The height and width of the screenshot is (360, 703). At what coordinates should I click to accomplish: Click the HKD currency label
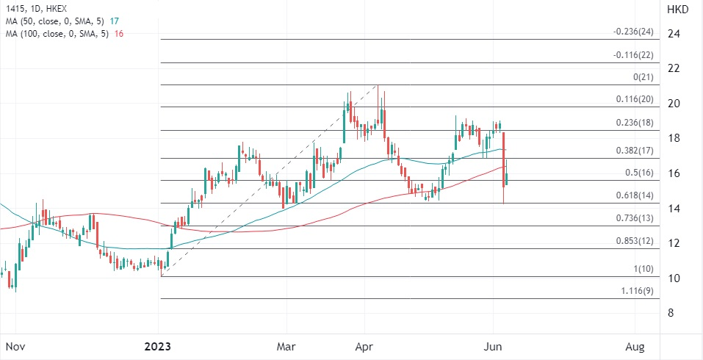click(677, 10)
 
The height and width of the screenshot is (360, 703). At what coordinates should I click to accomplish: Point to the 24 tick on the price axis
click(672, 34)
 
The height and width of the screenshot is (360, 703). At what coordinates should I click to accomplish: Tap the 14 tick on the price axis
click(672, 209)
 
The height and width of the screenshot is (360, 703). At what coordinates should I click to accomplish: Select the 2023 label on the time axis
click(159, 345)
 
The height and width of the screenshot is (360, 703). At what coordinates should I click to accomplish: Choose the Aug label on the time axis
click(635, 345)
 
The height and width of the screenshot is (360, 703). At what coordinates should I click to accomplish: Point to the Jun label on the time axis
click(493, 345)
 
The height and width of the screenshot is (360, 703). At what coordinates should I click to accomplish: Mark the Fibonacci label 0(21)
click(643, 77)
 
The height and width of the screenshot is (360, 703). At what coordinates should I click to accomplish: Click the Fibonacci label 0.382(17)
click(633, 150)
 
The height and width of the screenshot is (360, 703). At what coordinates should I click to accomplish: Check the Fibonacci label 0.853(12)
click(633, 241)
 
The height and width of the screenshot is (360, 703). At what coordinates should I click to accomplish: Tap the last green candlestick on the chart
click(507, 179)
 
